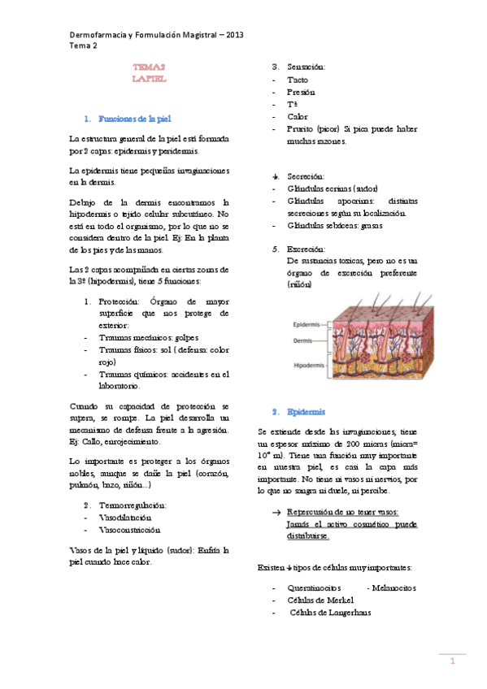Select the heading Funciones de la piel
(133, 119)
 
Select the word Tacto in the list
(298, 80)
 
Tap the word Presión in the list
(301, 93)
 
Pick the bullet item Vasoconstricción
(130, 529)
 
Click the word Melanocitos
(392, 587)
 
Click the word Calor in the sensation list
(298, 116)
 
